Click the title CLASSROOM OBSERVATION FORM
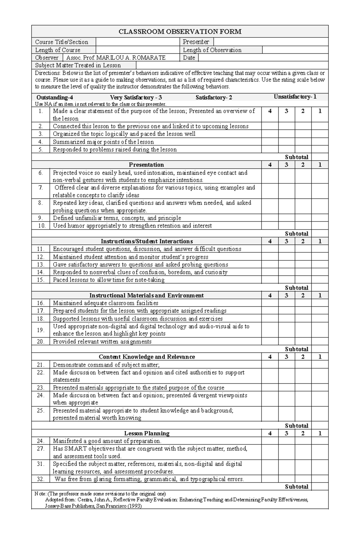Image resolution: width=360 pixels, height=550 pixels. tap(180, 31)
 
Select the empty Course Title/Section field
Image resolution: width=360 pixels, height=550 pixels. tap(138, 42)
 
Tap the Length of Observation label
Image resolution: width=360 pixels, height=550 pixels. tap(212, 50)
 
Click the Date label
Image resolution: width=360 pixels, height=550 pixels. tap(189, 58)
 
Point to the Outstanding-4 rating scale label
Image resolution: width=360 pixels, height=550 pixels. tap(55, 97)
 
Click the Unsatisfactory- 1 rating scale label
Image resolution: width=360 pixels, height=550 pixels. tap(295, 97)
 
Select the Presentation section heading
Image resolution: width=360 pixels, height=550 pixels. tap(146, 165)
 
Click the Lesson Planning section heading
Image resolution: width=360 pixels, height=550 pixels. tap(147, 433)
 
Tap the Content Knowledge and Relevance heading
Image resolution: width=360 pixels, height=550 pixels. tap(147, 357)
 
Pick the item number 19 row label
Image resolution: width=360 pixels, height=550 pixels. tap(41, 330)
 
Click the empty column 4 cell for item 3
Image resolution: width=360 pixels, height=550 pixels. tap(270, 134)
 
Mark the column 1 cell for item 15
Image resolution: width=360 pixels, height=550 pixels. tap(320, 280)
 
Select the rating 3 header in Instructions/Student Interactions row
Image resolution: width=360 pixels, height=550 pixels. tap(286, 241)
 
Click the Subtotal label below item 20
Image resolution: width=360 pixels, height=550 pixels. tap(296, 349)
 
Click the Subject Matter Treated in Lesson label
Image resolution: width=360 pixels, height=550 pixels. tap(78, 65)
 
